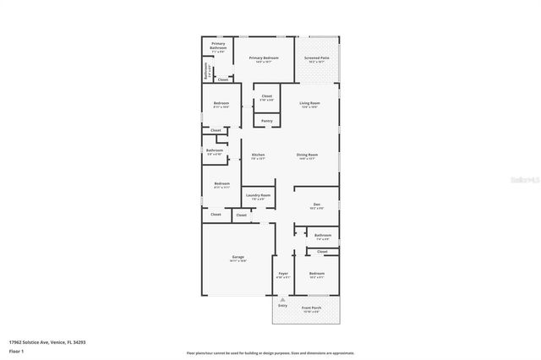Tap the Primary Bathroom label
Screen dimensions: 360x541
click(218, 47)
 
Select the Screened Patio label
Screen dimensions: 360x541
click(317, 57)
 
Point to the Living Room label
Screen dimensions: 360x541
click(309, 103)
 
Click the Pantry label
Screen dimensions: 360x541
click(266, 121)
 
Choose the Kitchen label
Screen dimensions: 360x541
click(258, 155)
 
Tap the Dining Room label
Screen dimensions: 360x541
click(307, 155)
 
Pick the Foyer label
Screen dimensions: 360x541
click(283, 274)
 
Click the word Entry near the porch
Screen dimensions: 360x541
click(283, 305)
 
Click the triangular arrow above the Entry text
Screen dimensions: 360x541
click(283, 299)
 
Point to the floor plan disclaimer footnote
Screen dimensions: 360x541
click(270, 353)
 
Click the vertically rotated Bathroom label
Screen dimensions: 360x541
click(206, 74)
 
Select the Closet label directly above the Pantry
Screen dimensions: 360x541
click(266, 96)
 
